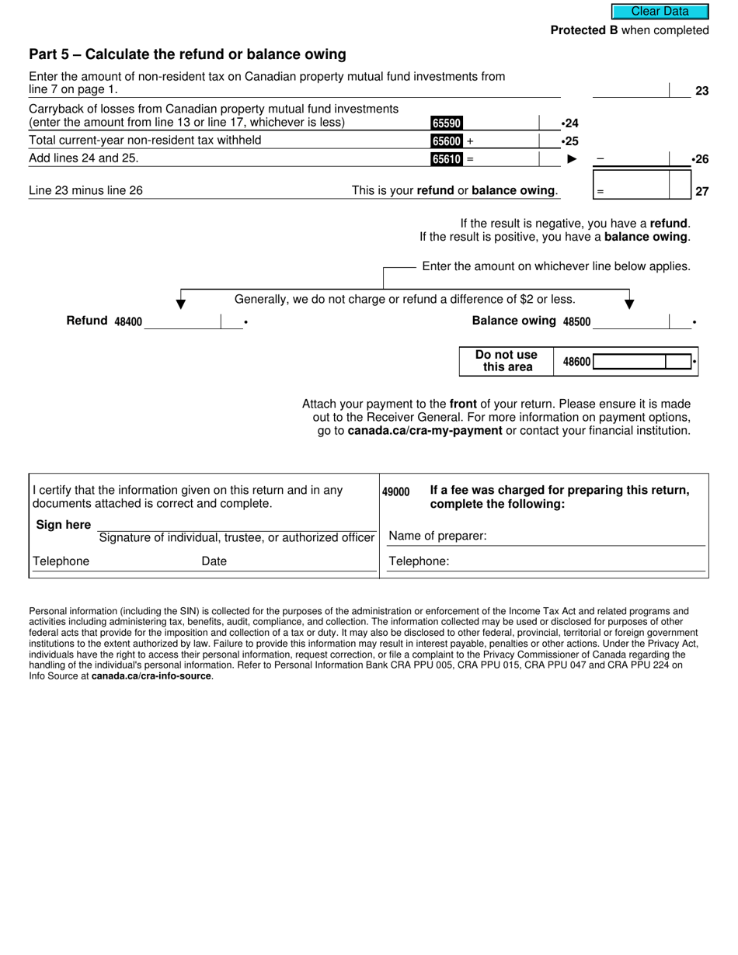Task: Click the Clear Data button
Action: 660,12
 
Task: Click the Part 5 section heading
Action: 187,54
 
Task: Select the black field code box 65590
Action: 447,123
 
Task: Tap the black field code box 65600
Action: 447,141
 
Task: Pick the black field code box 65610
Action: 447,159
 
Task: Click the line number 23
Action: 701,91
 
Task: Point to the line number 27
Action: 701,191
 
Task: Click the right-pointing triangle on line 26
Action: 573,159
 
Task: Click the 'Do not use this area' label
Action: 507,361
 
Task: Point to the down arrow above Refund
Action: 181,301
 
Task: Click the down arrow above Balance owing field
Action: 629,301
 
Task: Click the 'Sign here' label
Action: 64,525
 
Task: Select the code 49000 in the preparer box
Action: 396,492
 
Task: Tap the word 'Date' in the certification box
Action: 214,561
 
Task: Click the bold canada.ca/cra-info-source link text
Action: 151,676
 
